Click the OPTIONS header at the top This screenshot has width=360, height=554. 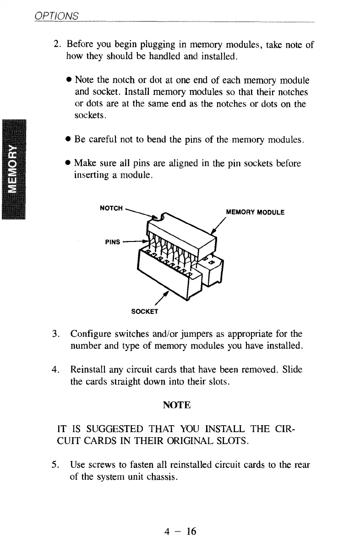(x=56, y=16)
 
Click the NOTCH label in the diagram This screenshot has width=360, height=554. (x=111, y=208)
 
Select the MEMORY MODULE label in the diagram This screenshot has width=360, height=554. (x=256, y=212)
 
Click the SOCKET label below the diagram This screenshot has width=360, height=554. (x=144, y=312)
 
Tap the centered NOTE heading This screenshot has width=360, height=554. (x=176, y=405)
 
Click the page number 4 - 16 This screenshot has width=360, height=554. (x=180, y=531)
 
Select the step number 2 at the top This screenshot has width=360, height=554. (x=57, y=45)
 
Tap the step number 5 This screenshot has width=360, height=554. (x=56, y=465)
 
